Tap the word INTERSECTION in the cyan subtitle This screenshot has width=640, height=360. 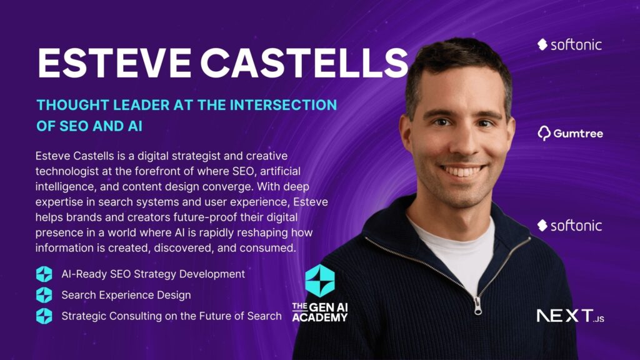pyautogui.click(x=283, y=105)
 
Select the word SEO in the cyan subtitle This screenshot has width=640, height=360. pyautogui.click(x=74, y=126)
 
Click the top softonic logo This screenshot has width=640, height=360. pyautogui.click(x=569, y=44)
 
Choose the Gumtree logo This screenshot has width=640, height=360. pyautogui.click(x=570, y=133)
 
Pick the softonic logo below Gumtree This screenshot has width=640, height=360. pyautogui.click(x=569, y=225)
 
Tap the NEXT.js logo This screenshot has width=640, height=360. pyautogui.click(x=570, y=316)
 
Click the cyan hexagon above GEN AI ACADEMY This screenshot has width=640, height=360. pyautogui.click(x=320, y=281)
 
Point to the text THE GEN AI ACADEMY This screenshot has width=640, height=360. pyautogui.click(x=320, y=312)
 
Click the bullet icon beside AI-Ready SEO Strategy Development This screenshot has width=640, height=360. pyautogui.click(x=44, y=274)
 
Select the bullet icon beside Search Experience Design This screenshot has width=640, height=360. pyautogui.click(x=44, y=295)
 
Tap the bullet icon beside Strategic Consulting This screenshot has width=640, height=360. pyautogui.click(x=44, y=316)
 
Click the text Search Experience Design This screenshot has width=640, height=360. pyautogui.click(x=126, y=295)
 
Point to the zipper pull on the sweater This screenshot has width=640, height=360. pyautogui.click(x=477, y=306)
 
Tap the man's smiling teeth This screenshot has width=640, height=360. pyautogui.click(x=463, y=171)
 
